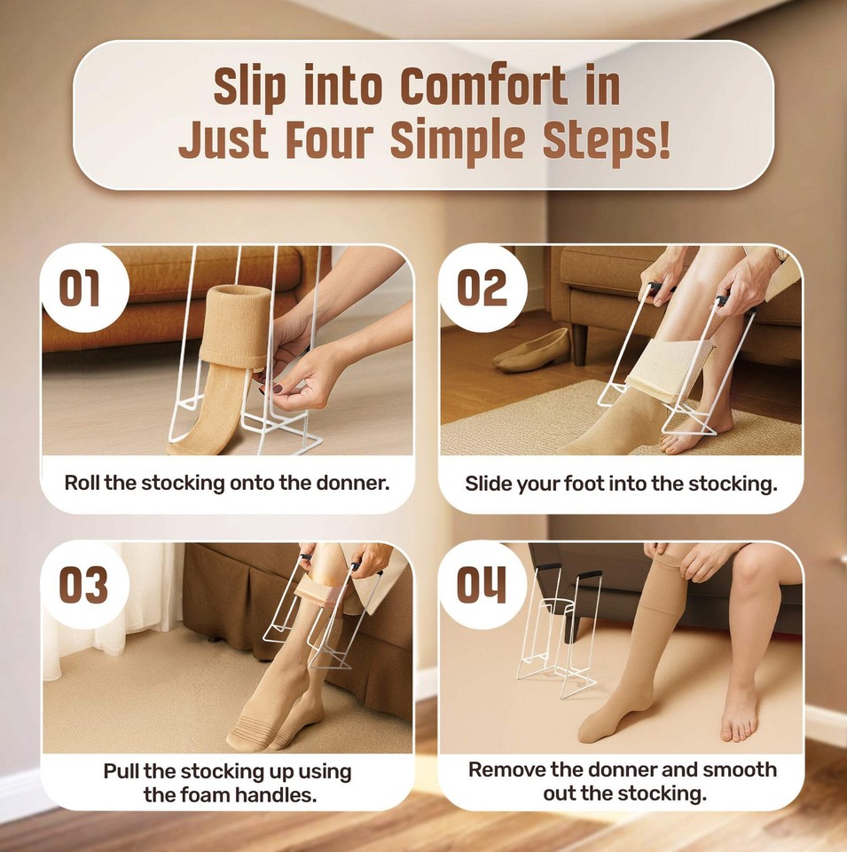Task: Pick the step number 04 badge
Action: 482,585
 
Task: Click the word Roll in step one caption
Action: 82,484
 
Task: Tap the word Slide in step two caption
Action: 489,484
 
